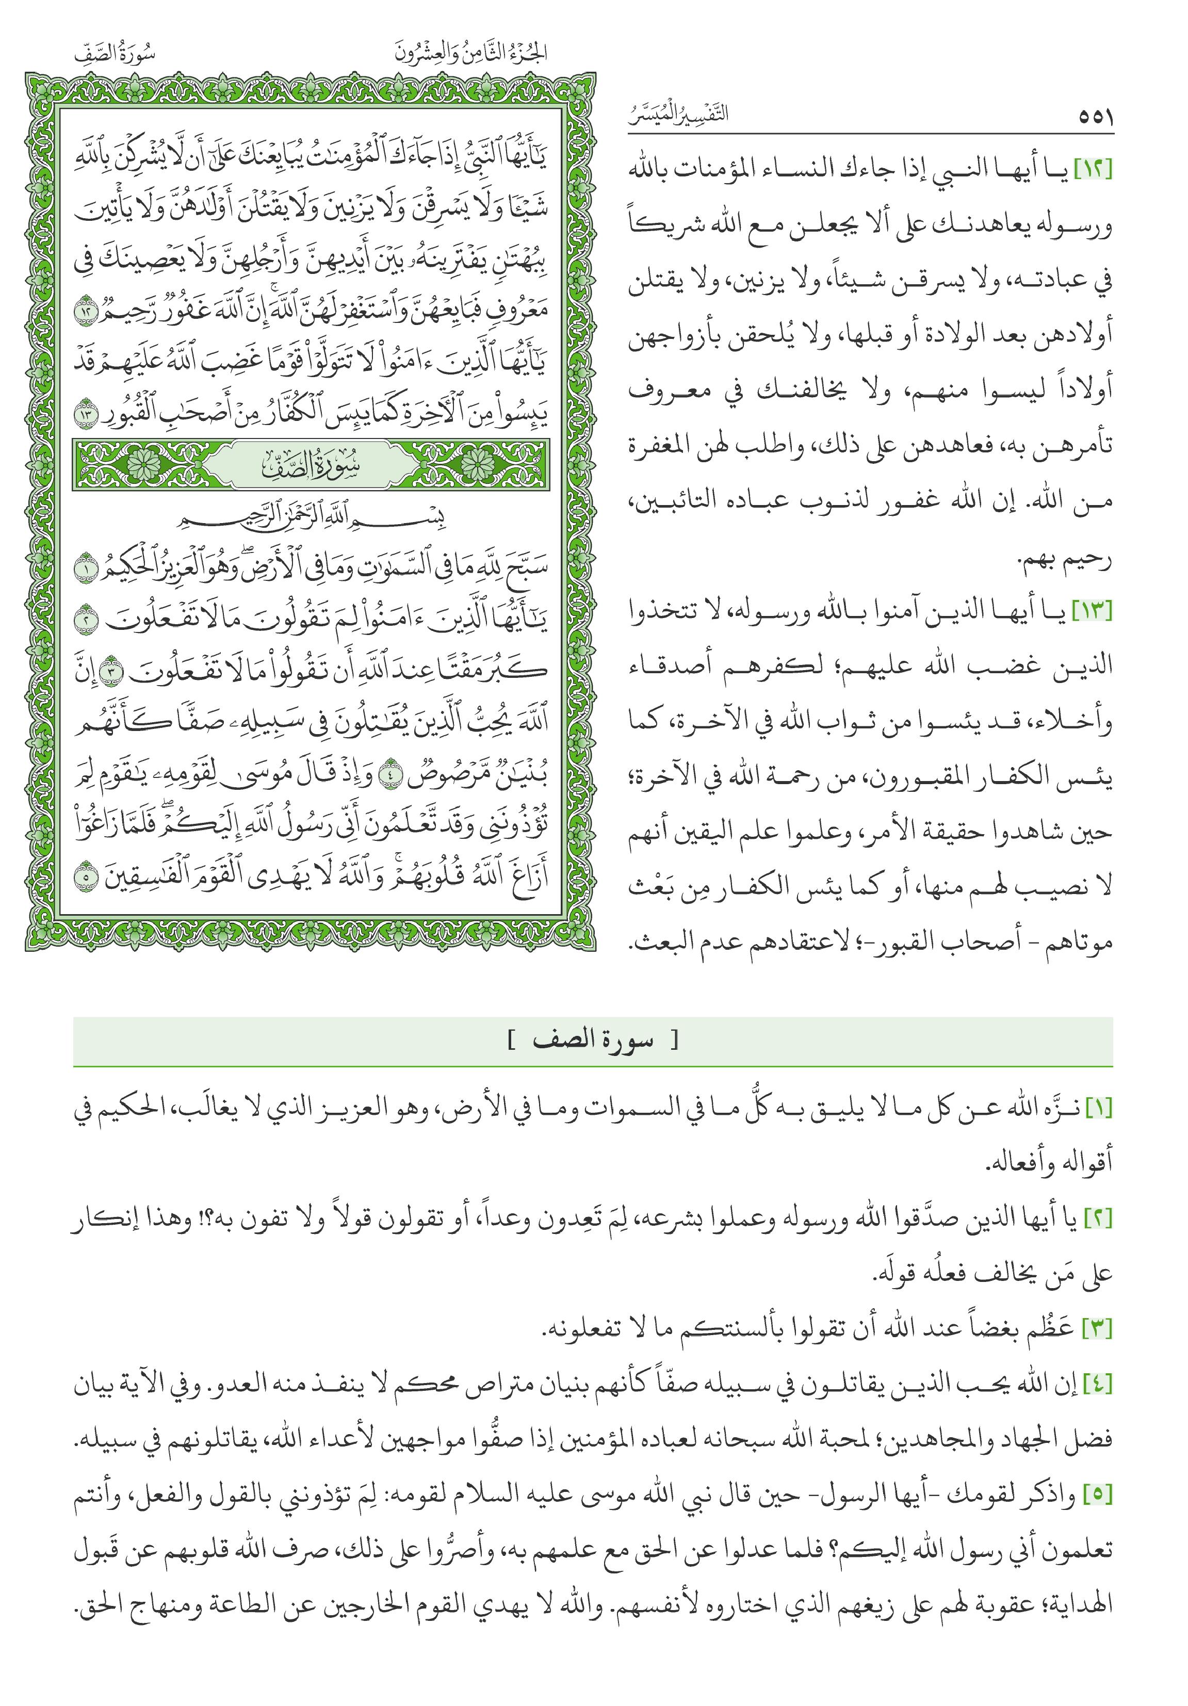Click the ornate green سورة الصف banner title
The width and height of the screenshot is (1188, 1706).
(x=311, y=466)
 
